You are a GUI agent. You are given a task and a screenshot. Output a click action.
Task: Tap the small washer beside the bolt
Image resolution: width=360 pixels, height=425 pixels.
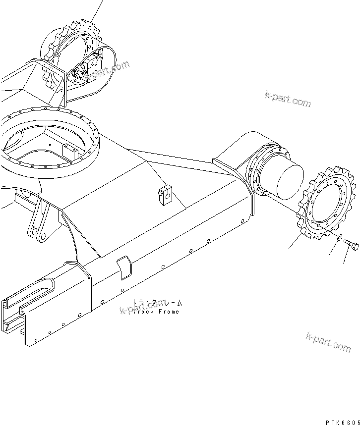click(339, 240)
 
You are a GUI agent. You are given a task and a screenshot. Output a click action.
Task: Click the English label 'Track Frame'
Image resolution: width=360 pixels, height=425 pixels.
click(156, 312)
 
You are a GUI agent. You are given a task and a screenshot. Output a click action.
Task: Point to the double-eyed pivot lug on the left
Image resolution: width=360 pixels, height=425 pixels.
click(40, 223)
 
